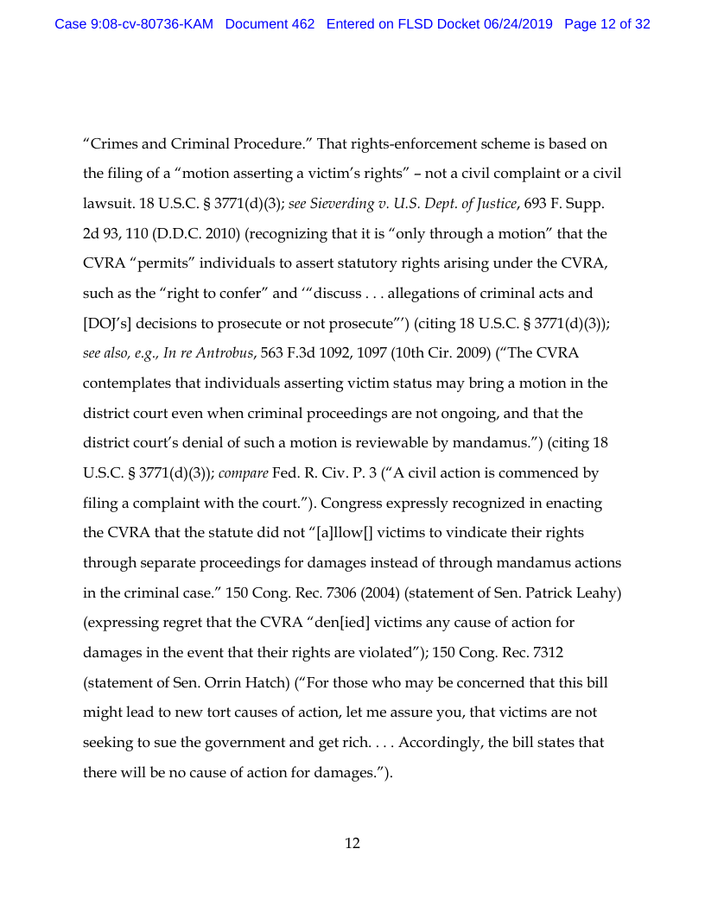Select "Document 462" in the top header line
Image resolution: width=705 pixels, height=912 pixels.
click(x=270, y=24)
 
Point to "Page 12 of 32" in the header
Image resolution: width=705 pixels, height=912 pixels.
click(x=607, y=24)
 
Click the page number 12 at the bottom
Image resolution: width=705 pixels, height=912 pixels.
click(x=352, y=843)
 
